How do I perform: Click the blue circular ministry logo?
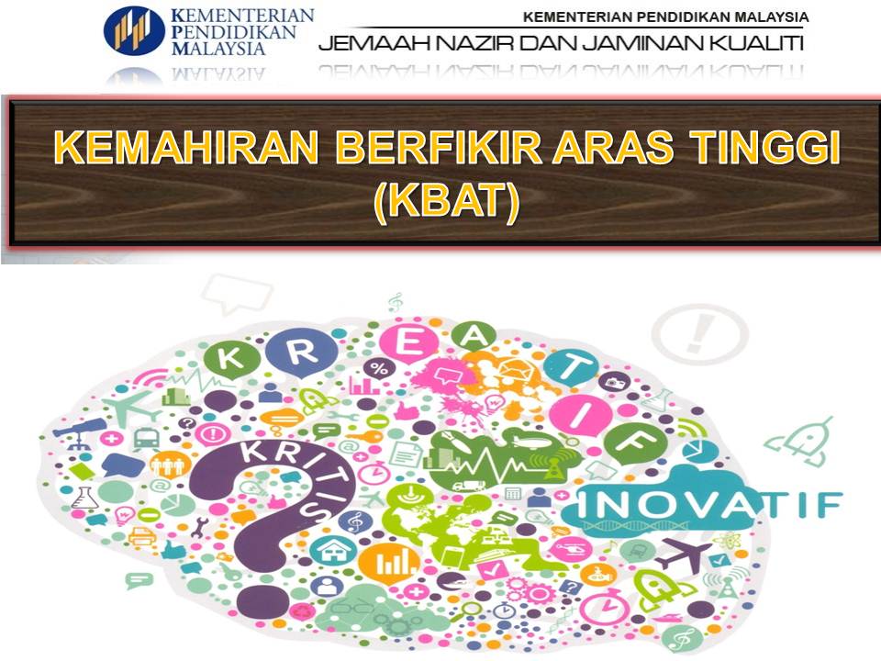pyautogui.click(x=134, y=29)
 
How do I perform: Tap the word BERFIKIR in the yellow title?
pyautogui.click(x=399, y=150)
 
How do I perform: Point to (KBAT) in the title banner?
pyautogui.click(x=446, y=203)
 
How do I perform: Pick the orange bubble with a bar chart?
pyautogui.click(x=389, y=559)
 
